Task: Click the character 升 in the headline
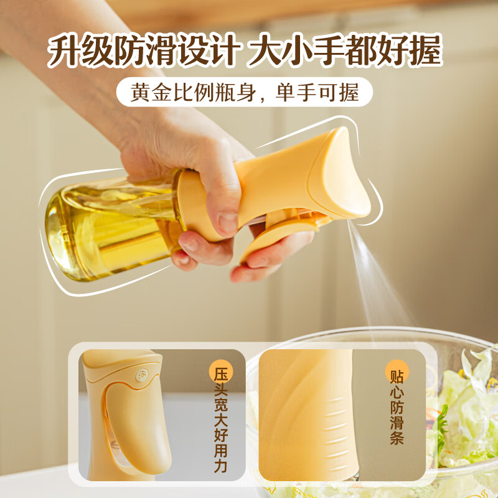point(67,52)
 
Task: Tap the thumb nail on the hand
point(228,222)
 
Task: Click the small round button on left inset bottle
point(140,375)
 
